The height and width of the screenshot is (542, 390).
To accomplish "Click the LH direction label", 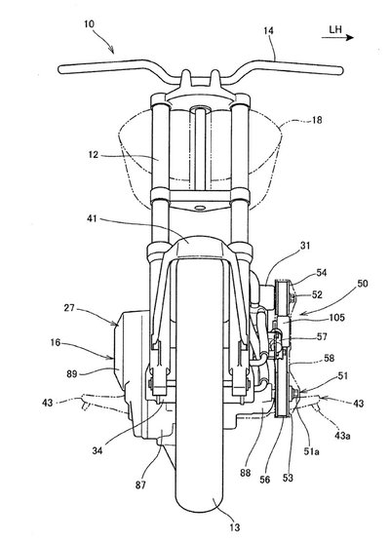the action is pos(335,29).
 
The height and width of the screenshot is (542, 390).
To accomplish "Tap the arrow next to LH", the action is pos(337,37).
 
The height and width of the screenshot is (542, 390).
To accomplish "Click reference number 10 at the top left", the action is pos(89,24).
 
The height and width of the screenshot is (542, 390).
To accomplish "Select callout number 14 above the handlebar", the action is pos(268,31).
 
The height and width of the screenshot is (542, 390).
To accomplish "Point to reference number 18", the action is pos(317,120).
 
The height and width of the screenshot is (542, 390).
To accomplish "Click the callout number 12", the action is pos(94,155).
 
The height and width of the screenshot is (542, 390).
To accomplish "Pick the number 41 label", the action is pos(92,218).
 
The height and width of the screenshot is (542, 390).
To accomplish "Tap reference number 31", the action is pos(305,246).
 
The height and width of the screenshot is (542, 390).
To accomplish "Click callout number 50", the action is pos(363,284).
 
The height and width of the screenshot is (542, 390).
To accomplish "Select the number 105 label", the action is pos(336,317).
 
